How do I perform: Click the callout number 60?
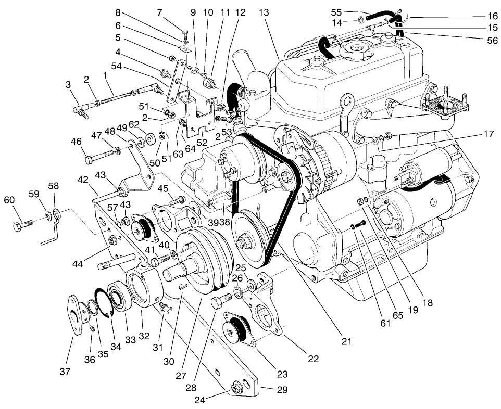click(9, 200)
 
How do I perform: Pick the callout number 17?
click(488, 133)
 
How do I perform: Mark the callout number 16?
click(492, 16)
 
